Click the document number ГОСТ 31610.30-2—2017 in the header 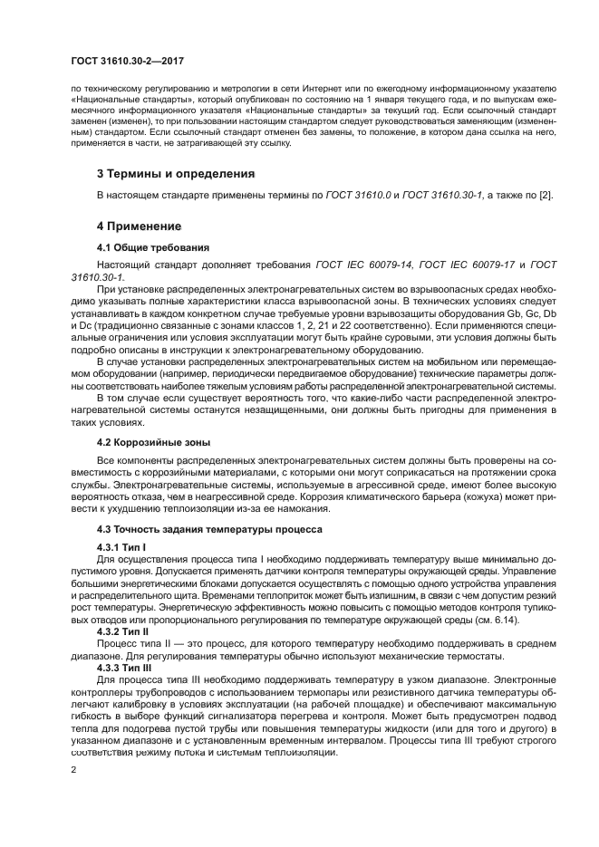point(129,59)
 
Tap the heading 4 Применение point(140,226)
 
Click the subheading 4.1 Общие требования point(153,247)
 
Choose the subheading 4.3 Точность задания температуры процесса point(203,528)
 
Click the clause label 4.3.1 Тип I point(121,548)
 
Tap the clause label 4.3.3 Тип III point(123,666)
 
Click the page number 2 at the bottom point(73,770)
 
